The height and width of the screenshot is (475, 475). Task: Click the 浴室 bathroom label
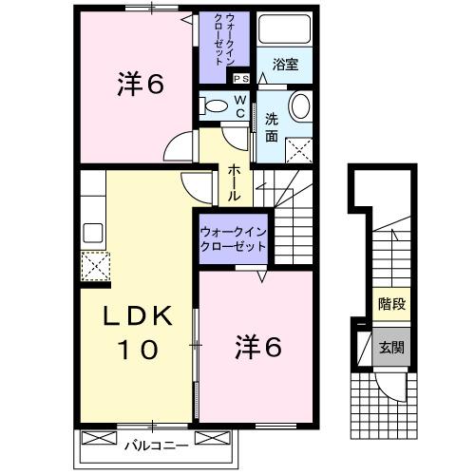[x=285, y=66]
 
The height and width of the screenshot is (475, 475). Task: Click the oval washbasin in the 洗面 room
[x=298, y=105]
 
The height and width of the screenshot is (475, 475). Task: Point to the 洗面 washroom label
[x=272, y=127]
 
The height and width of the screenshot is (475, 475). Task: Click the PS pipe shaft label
[x=240, y=79]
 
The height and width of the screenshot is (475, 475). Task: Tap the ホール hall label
[x=234, y=182]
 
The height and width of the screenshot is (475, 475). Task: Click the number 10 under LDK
[x=137, y=351]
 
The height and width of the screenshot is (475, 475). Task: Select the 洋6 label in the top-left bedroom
[x=141, y=85]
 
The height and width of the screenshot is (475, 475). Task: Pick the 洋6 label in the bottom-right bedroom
[x=257, y=349]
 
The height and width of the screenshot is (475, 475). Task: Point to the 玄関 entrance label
[x=389, y=346]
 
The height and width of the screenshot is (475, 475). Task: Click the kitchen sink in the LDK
[x=94, y=232]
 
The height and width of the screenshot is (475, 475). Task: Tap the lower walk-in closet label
[x=233, y=237]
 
